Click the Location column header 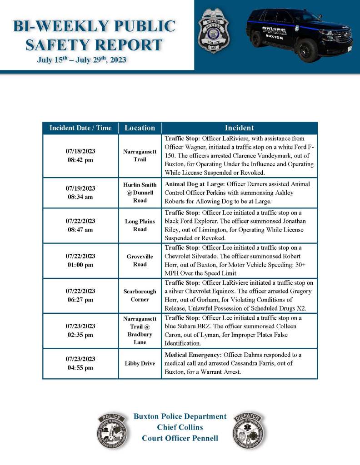(x=140, y=128)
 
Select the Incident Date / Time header (x=80, y=128)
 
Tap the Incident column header (x=239, y=128)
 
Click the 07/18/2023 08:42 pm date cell (x=80, y=155)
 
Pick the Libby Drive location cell (x=140, y=363)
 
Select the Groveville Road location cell (x=140, y=260)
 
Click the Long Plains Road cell (x=140, y=225)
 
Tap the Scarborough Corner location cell (x=140, y=295)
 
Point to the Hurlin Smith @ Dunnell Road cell (x=140, y=193)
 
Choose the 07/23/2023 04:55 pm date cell (x=80, y=363)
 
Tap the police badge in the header (x=214, y=30)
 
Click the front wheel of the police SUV (x=308, y=49)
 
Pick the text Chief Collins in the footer (x=180, y=427)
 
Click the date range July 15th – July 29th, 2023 (x=82, y=60)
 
